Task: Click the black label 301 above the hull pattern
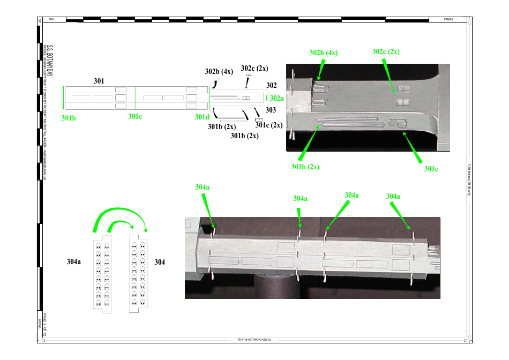[99, 81]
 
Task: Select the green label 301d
[202, 117]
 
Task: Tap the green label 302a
[277, 98]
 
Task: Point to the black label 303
[271, 110]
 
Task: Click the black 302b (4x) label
[218, 71]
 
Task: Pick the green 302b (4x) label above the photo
[324, 53]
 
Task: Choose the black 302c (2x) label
[254, 68]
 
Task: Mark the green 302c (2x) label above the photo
[386, 52]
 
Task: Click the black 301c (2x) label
[268, 125]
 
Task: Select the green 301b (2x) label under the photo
[305, 167]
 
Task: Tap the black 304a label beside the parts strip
[74, 262]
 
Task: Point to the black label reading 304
[160, 262]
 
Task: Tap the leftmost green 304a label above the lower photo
[203, 187]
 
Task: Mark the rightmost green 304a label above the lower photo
[393, 197]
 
